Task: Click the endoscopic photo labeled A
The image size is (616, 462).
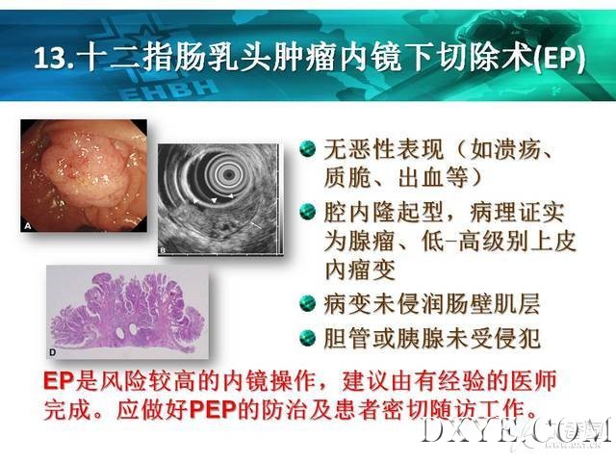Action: [84, 175]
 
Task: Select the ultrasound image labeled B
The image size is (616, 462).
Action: [220, 199]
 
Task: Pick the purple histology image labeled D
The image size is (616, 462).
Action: [128, 312]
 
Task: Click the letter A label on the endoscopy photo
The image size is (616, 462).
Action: [28, 225]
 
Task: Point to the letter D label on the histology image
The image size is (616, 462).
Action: [52, 352]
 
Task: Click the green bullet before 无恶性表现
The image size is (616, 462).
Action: [308, 149]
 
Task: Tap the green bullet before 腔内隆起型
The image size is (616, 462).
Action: [308, 212]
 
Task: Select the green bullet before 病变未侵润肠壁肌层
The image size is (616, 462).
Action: [308, 304]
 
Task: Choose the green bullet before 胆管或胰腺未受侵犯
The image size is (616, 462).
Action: [308, 338]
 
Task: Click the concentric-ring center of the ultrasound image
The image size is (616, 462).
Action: [227, 173]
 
